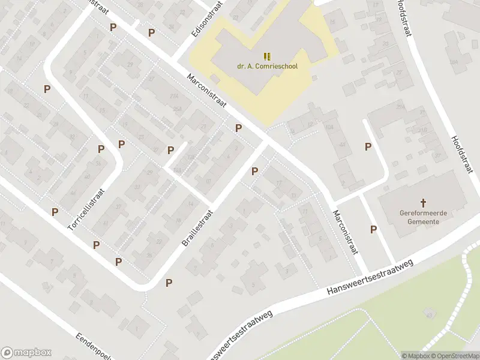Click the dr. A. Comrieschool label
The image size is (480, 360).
pyautogui.click(x=267, y=67)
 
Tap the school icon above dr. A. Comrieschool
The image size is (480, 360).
pyautogui.click(x=267, y=56)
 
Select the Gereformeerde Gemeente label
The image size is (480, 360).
pyautogui.click(x=423, y=217)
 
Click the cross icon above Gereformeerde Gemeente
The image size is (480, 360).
pyautogui.click(x=423, y=203)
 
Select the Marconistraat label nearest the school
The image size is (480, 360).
pyautogui.click(x=206, y=91)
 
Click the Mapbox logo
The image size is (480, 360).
pyautogui.click(x=26, y=353)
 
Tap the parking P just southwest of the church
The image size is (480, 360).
pyautogui.click(x=374, y=229)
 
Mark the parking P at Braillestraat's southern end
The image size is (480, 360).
pyautogui.click(x=169, y=283)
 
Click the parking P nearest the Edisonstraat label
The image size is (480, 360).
pyautogui.click(x=152, y=32)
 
